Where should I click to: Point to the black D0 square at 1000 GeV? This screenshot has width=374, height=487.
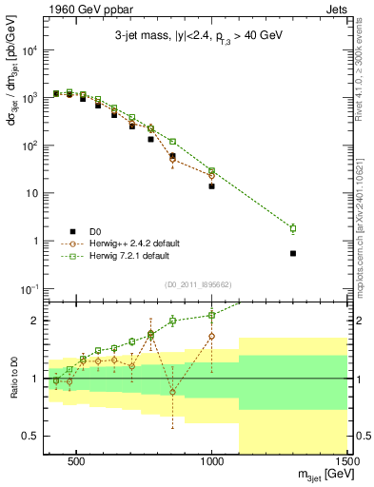pyautogui.click(x=211, y=186)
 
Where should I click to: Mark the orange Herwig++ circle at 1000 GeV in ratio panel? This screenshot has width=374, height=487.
pyautogui.click(x=211, y=336)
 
